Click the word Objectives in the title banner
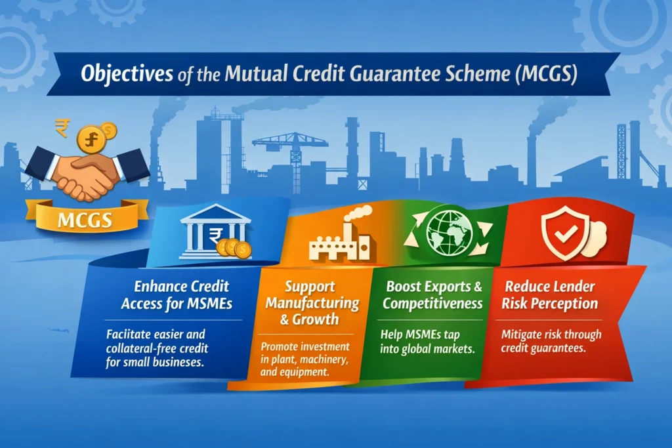coord(127,73)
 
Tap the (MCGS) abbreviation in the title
coord(546,73)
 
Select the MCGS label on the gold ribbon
coord(85,220)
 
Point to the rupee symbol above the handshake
coord(62,128)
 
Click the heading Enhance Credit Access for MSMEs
coord(177,295)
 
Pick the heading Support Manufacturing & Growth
coord(312,302)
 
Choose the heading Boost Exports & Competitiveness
coord(433,295)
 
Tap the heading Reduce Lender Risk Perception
coord(550,295)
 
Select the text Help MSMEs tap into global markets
coord(427,341)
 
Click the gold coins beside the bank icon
coord(234,248)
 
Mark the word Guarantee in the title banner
coord(394,73)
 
